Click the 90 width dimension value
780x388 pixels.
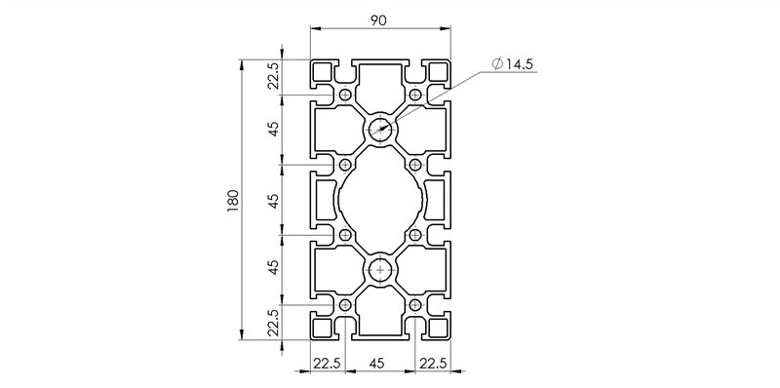tap(380, 18)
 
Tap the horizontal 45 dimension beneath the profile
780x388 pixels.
tap(380, 363)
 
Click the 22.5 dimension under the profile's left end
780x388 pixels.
tap(327, 363)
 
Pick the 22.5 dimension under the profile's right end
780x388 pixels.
tap(433, 363)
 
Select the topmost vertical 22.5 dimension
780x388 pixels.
tap(274, 76)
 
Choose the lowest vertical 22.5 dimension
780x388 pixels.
tap(274, 323)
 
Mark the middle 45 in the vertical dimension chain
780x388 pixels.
tap(274, 200)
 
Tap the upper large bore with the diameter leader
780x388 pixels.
tap(380, 129)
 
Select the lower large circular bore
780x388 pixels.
tap(380, 270)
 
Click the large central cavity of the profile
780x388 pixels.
tap(380, 200)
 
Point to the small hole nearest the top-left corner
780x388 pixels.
tap(345, 95)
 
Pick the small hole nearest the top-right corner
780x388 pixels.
tap(415, 95)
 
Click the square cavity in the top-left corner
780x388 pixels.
tap(322, 71)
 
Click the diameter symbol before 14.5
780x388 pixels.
tap(498, 64)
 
